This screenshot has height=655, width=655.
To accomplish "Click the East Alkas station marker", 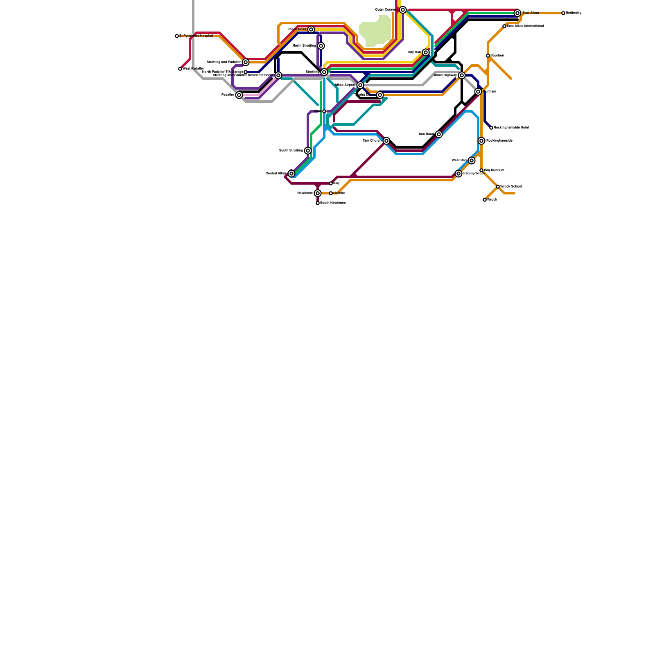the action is click(517, 13).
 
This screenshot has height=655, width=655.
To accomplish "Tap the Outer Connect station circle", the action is click(403, 10).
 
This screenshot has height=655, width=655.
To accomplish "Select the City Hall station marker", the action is click(426, 52).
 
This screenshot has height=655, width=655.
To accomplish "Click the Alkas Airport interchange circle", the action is click(360, 85).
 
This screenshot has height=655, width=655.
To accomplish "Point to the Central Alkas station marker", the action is click(291, 174).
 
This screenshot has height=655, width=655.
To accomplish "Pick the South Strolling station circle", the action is click(308, 151).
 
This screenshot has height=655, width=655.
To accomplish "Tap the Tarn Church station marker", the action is click(386, 141).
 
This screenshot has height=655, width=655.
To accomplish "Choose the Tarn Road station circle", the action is click(439, 134).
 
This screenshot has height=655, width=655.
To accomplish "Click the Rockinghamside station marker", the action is click(481, 141).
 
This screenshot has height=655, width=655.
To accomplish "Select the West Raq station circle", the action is click(472, 160).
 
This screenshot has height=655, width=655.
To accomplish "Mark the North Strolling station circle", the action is click(321, 46).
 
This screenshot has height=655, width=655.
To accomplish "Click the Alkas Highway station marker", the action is click(462, 75).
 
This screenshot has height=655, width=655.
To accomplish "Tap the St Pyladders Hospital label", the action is click(196, 36).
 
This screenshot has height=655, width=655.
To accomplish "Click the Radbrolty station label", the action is click(574, 13).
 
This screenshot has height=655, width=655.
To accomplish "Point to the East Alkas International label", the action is click(525, 26).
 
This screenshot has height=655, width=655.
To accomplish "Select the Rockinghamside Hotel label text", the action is click(511, 128).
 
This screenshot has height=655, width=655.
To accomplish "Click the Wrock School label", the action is click(511, 187).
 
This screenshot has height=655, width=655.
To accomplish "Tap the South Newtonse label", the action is click(333, 203).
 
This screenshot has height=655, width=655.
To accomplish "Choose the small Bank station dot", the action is click(324, 111).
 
